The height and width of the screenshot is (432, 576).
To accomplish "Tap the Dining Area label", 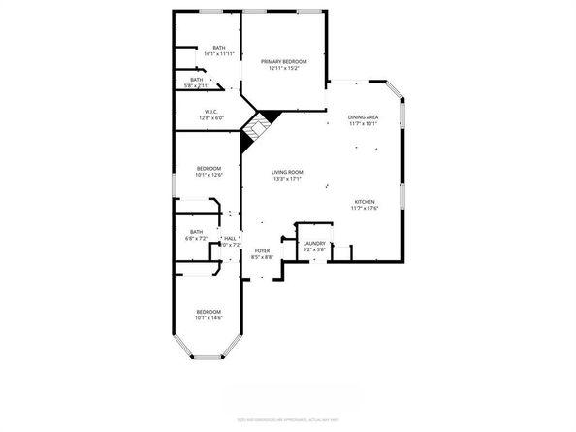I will point(364,117).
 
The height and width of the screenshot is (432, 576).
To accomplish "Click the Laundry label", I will point(313,244).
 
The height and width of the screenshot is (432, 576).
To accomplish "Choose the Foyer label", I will point(262,250).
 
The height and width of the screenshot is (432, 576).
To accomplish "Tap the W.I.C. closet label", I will point(210,111).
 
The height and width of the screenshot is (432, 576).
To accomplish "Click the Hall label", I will point(230,237).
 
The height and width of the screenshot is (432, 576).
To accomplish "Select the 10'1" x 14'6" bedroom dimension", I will point(209,317).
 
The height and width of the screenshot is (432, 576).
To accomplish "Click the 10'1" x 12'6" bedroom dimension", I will point(209,175).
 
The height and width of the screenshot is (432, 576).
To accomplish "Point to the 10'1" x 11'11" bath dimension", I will point(219,54).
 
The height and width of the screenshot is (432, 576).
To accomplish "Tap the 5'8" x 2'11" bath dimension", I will point(197,86).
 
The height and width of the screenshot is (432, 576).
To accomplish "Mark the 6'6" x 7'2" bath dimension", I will point(197,237).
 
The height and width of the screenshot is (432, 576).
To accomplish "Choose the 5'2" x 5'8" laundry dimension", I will point(313,250).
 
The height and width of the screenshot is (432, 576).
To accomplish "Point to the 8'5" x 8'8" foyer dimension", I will point(262,257).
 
